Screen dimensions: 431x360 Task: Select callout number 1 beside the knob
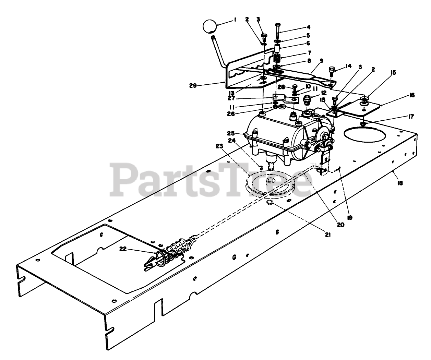click(x=235, y=20)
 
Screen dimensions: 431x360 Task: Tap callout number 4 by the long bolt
click(x=308, y=27)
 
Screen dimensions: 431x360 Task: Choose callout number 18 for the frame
click(x=400, y=183)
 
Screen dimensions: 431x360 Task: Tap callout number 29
click(x=193, y=86)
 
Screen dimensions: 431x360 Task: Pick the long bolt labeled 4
click(x=278, y=34)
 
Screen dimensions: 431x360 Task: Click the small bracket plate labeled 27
click(x=284, y=99)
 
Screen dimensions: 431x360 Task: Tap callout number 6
click(x=308, y=44)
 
